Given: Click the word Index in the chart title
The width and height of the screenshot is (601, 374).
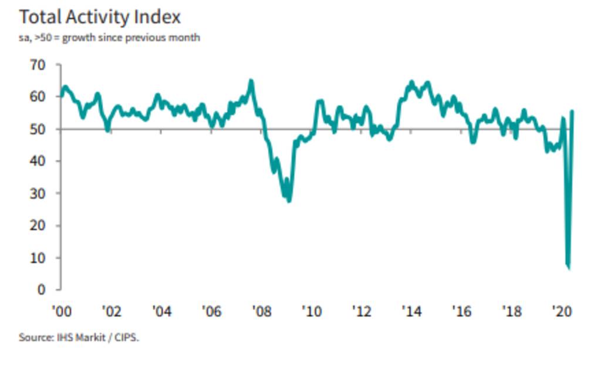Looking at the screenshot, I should [x=155, y=18].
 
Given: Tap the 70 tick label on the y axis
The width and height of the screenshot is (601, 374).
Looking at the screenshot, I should [x=38, y=65].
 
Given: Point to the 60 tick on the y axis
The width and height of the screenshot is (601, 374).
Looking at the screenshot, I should [x=38, y=97].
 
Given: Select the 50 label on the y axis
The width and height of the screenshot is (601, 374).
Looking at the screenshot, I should [x=38, y=129].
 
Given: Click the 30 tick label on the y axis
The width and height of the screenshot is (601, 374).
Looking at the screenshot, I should [x=38, y=194].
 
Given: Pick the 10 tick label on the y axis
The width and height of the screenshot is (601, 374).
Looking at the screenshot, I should [x=38, y=258].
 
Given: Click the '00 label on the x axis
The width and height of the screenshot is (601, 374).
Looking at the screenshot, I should [x=61, y=311].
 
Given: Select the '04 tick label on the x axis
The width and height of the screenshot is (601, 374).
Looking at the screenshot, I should [x=161, y=311].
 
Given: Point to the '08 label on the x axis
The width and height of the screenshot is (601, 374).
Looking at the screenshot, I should [x=261, y=311].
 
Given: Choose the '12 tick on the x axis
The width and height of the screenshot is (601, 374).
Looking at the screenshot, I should [x=362, y=311].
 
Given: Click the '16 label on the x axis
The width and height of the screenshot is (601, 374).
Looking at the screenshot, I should [x=462, y=311].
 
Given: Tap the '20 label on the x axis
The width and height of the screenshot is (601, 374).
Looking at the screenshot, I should [x=562, y=311].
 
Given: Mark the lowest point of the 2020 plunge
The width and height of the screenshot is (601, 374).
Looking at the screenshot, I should [x=569, y=268].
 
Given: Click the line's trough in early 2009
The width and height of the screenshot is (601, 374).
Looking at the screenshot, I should [x=289, y=201].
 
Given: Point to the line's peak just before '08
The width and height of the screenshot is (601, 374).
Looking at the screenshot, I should [x=251, y=80].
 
